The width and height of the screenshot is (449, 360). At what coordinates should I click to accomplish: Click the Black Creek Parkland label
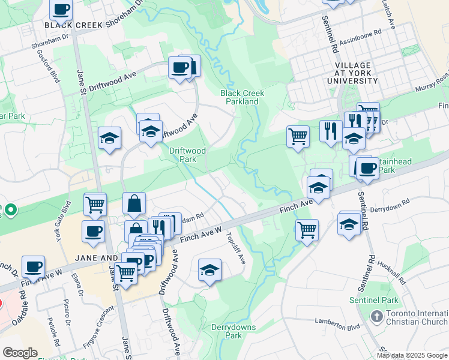point(243,97)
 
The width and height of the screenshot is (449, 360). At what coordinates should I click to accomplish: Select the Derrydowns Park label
point(234,331)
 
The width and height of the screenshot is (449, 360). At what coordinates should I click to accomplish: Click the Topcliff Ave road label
point(236,249)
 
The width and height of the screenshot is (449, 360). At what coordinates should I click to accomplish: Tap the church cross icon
point(377,316)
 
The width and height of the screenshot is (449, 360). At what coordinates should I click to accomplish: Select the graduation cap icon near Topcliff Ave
point(209,271)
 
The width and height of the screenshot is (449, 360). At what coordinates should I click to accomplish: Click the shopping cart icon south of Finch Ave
point(307,229)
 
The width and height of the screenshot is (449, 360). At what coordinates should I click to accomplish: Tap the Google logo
point(20,353)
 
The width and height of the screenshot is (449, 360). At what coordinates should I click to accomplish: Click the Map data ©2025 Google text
point(412,355)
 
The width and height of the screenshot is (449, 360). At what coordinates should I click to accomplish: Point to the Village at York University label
point(340,73)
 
